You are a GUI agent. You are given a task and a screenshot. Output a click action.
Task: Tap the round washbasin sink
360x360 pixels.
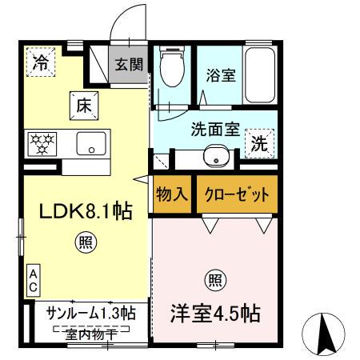click(214, 156)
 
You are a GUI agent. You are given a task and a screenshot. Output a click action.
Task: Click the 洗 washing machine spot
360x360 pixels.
click(259, 145)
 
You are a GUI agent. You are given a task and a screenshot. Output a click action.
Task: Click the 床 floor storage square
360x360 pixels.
click(86, 103)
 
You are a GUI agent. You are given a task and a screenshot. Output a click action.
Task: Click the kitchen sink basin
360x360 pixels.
click(92, 145)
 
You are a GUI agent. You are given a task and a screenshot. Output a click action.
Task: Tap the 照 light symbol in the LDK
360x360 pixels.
click(84, 242)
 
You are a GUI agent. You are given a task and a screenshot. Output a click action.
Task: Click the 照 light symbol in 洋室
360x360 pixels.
click(215, 280)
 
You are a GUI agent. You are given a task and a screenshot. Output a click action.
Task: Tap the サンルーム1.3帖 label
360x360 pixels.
click(90, 313)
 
